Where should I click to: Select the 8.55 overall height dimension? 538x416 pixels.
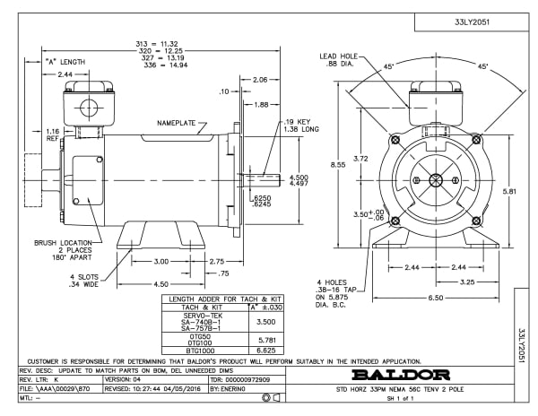335,166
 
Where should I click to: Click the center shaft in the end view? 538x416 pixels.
435,178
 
